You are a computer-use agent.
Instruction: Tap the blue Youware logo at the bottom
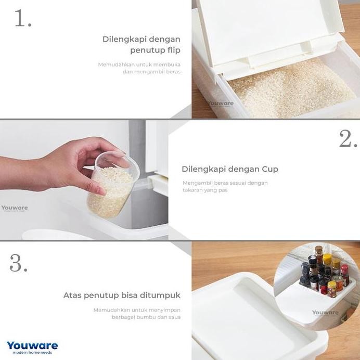point(32,345)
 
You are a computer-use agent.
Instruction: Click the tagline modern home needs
point(30,353)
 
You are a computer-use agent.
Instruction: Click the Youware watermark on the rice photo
point(221,104)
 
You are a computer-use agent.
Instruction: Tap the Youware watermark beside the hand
point(15,208)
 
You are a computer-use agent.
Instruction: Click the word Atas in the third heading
point(73,295)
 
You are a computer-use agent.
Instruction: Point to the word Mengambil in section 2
point(197,183)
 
